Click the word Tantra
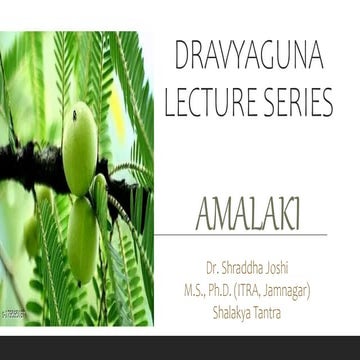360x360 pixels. [287, 304]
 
